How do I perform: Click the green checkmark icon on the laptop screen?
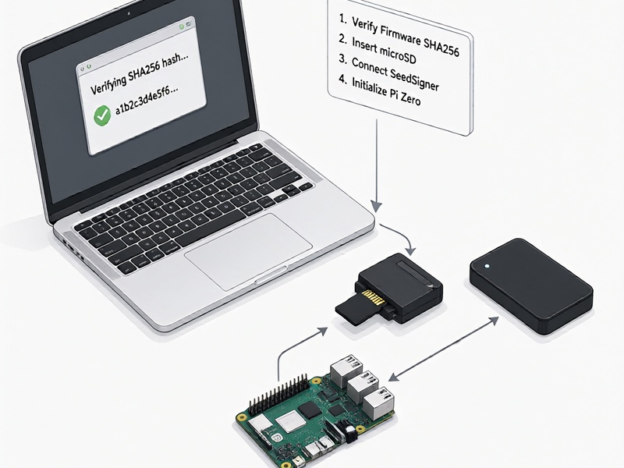pyautogui.click(x=102, y=115)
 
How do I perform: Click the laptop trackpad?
pyautogui.click(x=248, y=250)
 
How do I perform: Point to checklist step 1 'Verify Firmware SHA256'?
pyautogui.click(x=399, y=36)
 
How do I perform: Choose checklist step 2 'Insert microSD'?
pyautogui.click(x=378, y=49)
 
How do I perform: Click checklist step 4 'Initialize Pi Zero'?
pyautogui.click(x=380, y=90)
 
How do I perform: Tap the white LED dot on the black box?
pyautogui.click(x=487, y=267)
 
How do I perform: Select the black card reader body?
pyautogui.click(x=400, y=286)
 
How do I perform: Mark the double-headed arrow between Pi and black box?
pyautogui.click(x=443, y=349)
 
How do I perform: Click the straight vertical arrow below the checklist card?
pyautogui.click(x=377, y=165)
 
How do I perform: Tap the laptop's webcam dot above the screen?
pyautogui.click(x=129, y=13)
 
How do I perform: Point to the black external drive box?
pyautogui.click(x=531, y=285)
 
